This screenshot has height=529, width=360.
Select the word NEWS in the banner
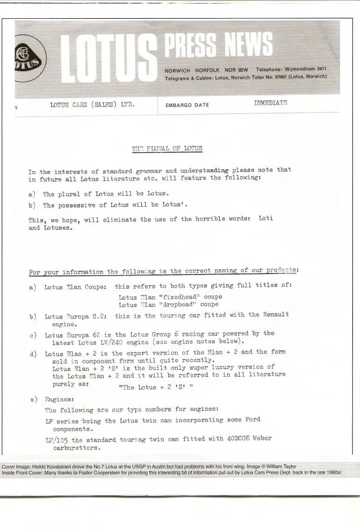250,46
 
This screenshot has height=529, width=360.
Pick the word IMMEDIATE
271,103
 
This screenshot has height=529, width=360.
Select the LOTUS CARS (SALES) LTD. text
93,105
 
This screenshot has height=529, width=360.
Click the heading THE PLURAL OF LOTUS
167,148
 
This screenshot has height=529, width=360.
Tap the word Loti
266,219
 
